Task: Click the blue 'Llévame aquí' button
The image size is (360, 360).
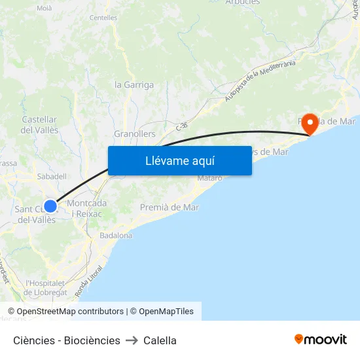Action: (x=179, y=160)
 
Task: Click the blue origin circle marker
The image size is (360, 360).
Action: (x=50, y=206)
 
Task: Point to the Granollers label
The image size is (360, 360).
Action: (x=135, y=134)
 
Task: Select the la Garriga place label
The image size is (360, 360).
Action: (x=134, y=84)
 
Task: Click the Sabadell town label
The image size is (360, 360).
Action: (x=53, y=176)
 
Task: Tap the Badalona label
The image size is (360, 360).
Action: (x=116, y=235)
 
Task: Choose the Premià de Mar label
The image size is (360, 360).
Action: (x=170, y=207)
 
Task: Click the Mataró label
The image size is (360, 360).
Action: (x=209, y=178)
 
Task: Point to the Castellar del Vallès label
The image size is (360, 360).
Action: (x=40, y=125)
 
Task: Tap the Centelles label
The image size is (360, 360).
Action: (x=103, y=18)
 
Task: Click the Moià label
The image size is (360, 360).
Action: (x=45, y=8)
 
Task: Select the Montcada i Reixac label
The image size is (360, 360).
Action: (x=87, y=208)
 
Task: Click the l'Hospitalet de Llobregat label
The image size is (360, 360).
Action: (x=46, y=288)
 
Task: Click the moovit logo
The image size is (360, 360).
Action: (x=321, y=339)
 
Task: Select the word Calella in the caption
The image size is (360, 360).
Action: (x=160, y=340)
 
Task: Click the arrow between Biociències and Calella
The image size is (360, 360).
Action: (x=132, y=340)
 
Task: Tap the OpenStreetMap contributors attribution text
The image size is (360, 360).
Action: (x=65, y=312)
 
